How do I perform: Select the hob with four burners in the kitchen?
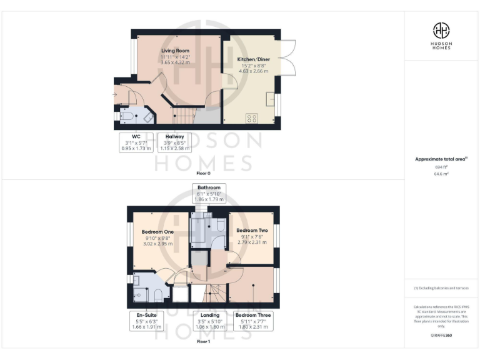point(253,117)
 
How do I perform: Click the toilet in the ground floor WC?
point(126,116)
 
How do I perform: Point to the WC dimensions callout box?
point(135,142)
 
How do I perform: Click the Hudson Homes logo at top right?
point(442,34)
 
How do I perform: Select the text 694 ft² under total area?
point(442,167)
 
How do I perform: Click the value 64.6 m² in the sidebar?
point(442,174)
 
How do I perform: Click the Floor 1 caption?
point(203,342)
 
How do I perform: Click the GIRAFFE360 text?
point(441,336)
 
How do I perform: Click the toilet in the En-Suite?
point(158,294)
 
